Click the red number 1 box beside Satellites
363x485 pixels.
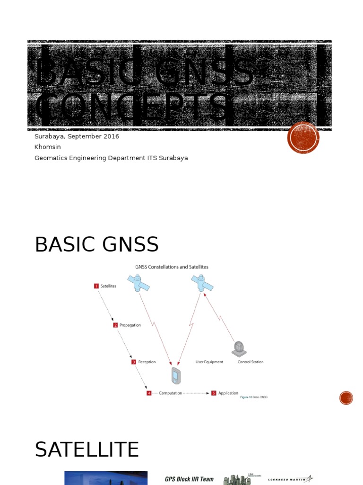tap(96, 286)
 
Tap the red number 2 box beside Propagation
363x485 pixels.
tap(115, 325)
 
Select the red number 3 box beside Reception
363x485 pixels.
tap(134, 362)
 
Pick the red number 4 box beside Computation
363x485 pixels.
tap(149, 393)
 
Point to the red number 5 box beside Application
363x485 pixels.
tap(214, 393)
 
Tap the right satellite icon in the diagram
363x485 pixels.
tap(202, 283)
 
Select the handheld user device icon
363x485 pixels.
tap(176, 376)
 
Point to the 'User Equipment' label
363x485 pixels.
tap(209, 362)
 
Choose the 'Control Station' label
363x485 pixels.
tap(251, 362)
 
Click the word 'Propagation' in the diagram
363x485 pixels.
tap(130, 325)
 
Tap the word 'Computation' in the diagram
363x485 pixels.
tap(170, 393)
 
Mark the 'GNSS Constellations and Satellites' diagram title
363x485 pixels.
tap(172, 267)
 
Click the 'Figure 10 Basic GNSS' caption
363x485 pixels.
tap(254, 397)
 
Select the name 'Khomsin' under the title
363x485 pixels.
tap(48, 147)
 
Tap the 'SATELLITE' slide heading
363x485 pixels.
tap(87, 449)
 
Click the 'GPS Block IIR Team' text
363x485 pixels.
tap(189, 479)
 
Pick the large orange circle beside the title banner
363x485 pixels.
tap(303, 137)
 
